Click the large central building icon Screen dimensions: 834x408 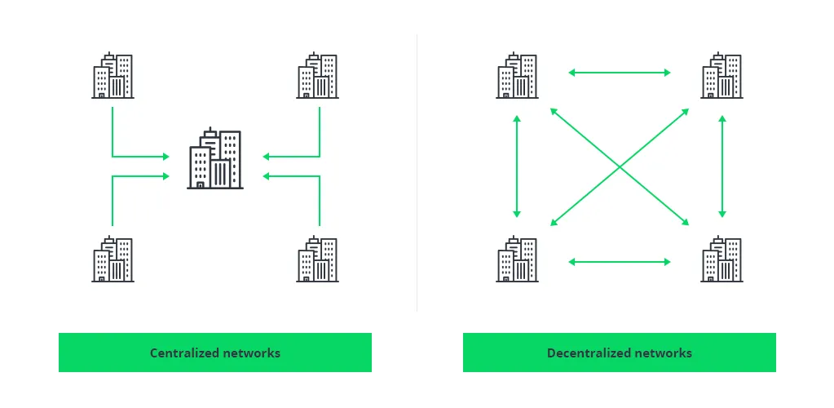click(215, 158)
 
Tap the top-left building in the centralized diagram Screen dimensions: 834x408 click(113, 75)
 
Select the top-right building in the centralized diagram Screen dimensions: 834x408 click(317, 75)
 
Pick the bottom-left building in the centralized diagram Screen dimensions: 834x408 click(113, 259)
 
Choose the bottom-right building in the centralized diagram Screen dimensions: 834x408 click(317, 259)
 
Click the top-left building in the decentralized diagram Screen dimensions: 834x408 click(518, 75)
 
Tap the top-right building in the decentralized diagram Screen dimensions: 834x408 click(721, 75)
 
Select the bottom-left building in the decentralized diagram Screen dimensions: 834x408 click(518, 259)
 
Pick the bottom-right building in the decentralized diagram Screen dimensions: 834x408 click(721, 259)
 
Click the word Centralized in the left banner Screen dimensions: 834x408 click(184, 353)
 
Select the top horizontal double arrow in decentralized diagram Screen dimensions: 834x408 click(620, 73)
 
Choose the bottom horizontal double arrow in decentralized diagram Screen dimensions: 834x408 click(620, 261)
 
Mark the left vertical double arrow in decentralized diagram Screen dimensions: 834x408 click(517, 166)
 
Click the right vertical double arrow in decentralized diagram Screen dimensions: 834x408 click(721, 166)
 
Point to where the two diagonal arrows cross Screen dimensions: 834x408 click(620, 167)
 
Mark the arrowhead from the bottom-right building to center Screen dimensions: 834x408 click(266, 175)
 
